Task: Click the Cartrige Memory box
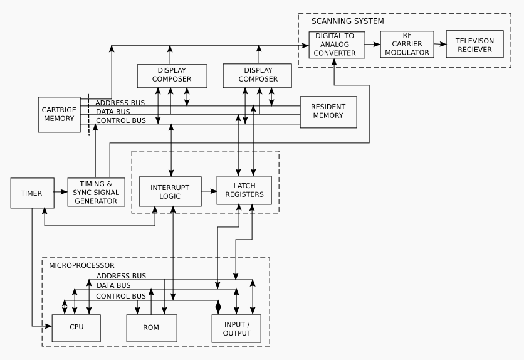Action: coord(59,114)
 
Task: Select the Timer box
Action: coord(31,193)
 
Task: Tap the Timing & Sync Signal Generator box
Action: coord(96,193)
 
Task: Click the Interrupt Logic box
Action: coord(166,192)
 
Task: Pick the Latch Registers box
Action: coord(244,190)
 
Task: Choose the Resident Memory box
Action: coord(328,112)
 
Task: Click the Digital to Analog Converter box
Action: coord(336,45)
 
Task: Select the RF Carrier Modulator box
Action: coord(407,45)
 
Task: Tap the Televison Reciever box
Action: coord(474,45)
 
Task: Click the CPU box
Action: coord(76,327)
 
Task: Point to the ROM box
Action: coord(152,327)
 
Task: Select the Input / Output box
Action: coord(237,328)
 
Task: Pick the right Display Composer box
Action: coord(257,75)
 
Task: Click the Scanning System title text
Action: coord(347,21)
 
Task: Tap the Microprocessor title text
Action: coord(81,265)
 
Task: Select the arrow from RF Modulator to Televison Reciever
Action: coord(440,45)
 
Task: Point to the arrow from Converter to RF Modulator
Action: coord(372,45)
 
